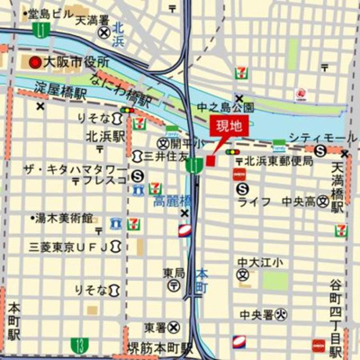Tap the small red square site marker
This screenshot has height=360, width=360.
pos(211,160)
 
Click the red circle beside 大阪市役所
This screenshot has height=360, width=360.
pos(35,63)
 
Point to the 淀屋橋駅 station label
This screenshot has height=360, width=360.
pos(61,93)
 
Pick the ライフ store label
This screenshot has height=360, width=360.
pos(255,200)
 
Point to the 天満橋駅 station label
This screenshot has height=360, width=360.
pos(338,187)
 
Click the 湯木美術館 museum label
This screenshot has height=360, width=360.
pos(64,218)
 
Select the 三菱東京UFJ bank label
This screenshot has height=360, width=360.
pos(67,247)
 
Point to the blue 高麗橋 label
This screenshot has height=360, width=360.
pos(170,200)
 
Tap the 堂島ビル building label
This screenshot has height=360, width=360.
pos(46,14)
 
